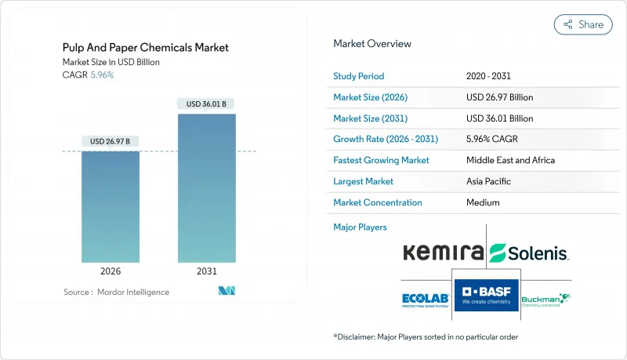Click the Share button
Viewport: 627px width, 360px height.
(583, 24)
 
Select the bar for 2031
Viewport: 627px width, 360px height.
(206, 188)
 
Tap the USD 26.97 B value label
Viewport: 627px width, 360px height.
(111, 141)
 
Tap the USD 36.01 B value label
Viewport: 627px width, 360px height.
(206, 104)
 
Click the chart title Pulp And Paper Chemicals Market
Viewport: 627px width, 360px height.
(146, 47)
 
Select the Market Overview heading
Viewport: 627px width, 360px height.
(371, 44)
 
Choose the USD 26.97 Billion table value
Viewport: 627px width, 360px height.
(498, 97)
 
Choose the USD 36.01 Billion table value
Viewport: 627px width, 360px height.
(498, 118)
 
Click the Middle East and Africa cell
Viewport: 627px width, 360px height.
(509, 160)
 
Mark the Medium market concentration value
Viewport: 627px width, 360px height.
(483, 202)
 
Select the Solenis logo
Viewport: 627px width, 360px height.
(529, 253)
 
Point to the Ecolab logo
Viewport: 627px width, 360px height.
(423, 300)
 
